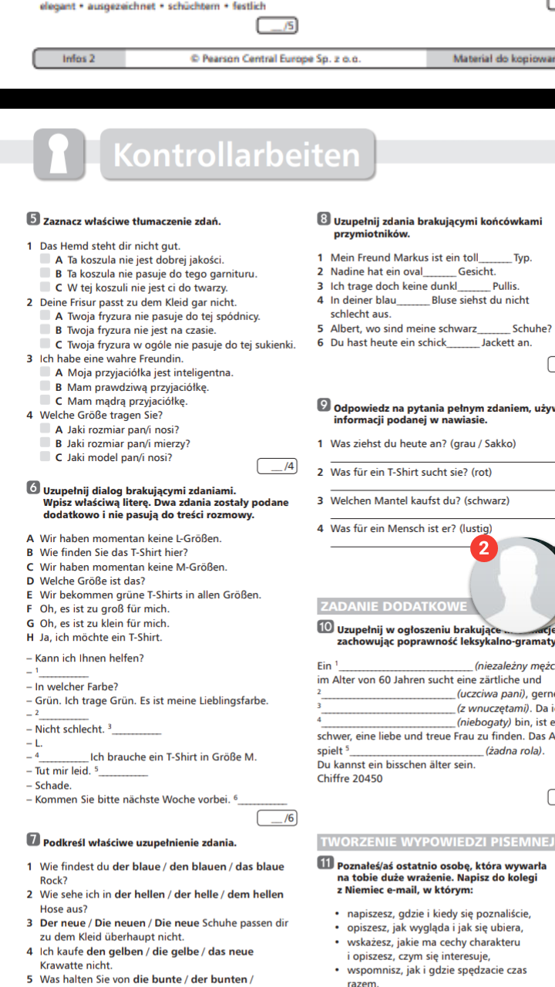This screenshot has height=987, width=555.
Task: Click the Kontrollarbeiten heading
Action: [237, 156]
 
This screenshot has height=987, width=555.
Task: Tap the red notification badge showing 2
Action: [483, 547]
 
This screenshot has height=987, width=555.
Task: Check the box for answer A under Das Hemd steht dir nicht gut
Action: [46, 259]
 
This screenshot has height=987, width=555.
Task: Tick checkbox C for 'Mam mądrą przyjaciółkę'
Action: [46, 401]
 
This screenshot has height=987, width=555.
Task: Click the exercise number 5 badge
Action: [33, 221]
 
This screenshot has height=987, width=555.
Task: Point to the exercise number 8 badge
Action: [324, 221]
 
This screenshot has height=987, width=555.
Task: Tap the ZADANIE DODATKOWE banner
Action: [393, 606]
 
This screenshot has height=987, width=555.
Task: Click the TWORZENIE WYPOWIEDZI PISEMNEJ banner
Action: [436, 840]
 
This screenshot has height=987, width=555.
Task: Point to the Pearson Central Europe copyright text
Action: [276, 58]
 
